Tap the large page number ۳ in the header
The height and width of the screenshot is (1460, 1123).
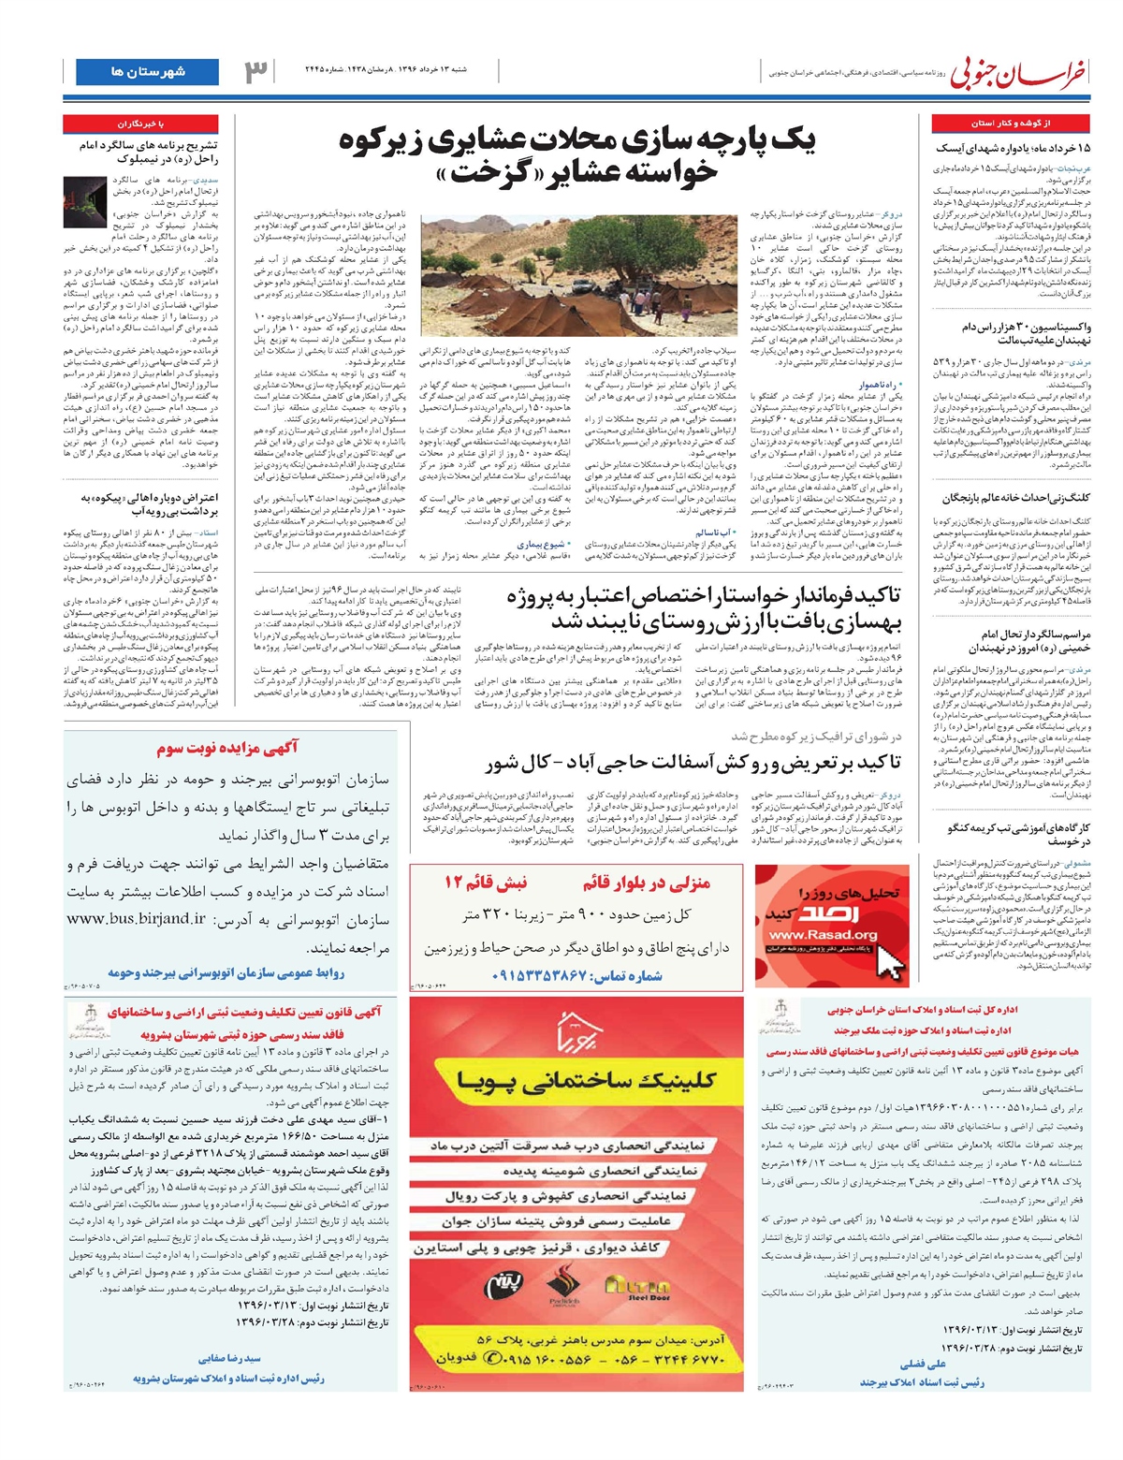click(x=255, y=72)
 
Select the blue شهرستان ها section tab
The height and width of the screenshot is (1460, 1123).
click(x=147, y=71)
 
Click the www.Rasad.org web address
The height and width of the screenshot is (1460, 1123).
click(x=810, y=935)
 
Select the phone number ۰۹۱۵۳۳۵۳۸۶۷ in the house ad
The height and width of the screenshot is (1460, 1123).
click(x=539, y=975)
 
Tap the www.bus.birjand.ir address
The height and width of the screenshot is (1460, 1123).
click(x=136, y=918)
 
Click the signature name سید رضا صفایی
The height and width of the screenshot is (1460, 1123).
click(x=229, y=1358)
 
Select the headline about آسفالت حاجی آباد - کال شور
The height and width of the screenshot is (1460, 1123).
click(x=692, y=763)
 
